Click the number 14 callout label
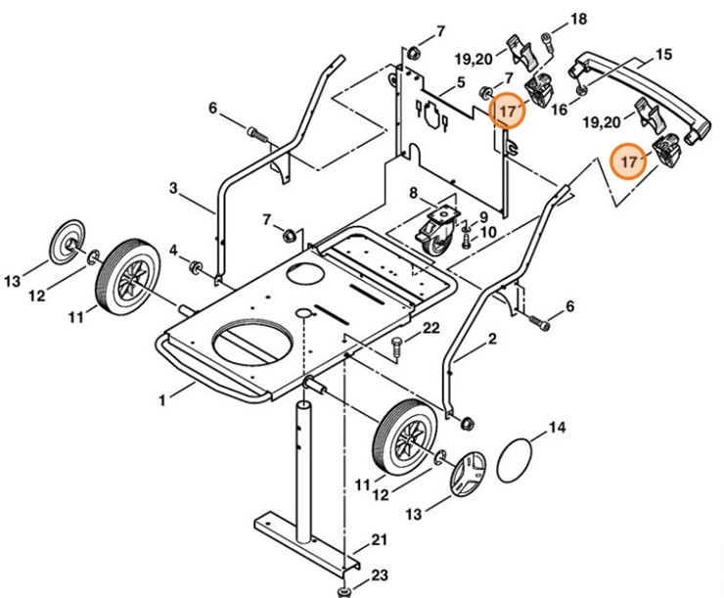pyautogui.click(x=557, y=428)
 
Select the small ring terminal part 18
pyautogui.click(x=550, y=42)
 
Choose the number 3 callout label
pyautogui.click(x=173, y=187)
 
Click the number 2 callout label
pyautogui.click(x=491, y=341)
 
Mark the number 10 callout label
pyautogui.click(x=488, y=232)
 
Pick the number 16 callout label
pyautogui.click(x=559, y=111)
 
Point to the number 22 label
pyautogui.click(x=430, y=328)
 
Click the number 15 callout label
pyautogui.click(x=664, y=55)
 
